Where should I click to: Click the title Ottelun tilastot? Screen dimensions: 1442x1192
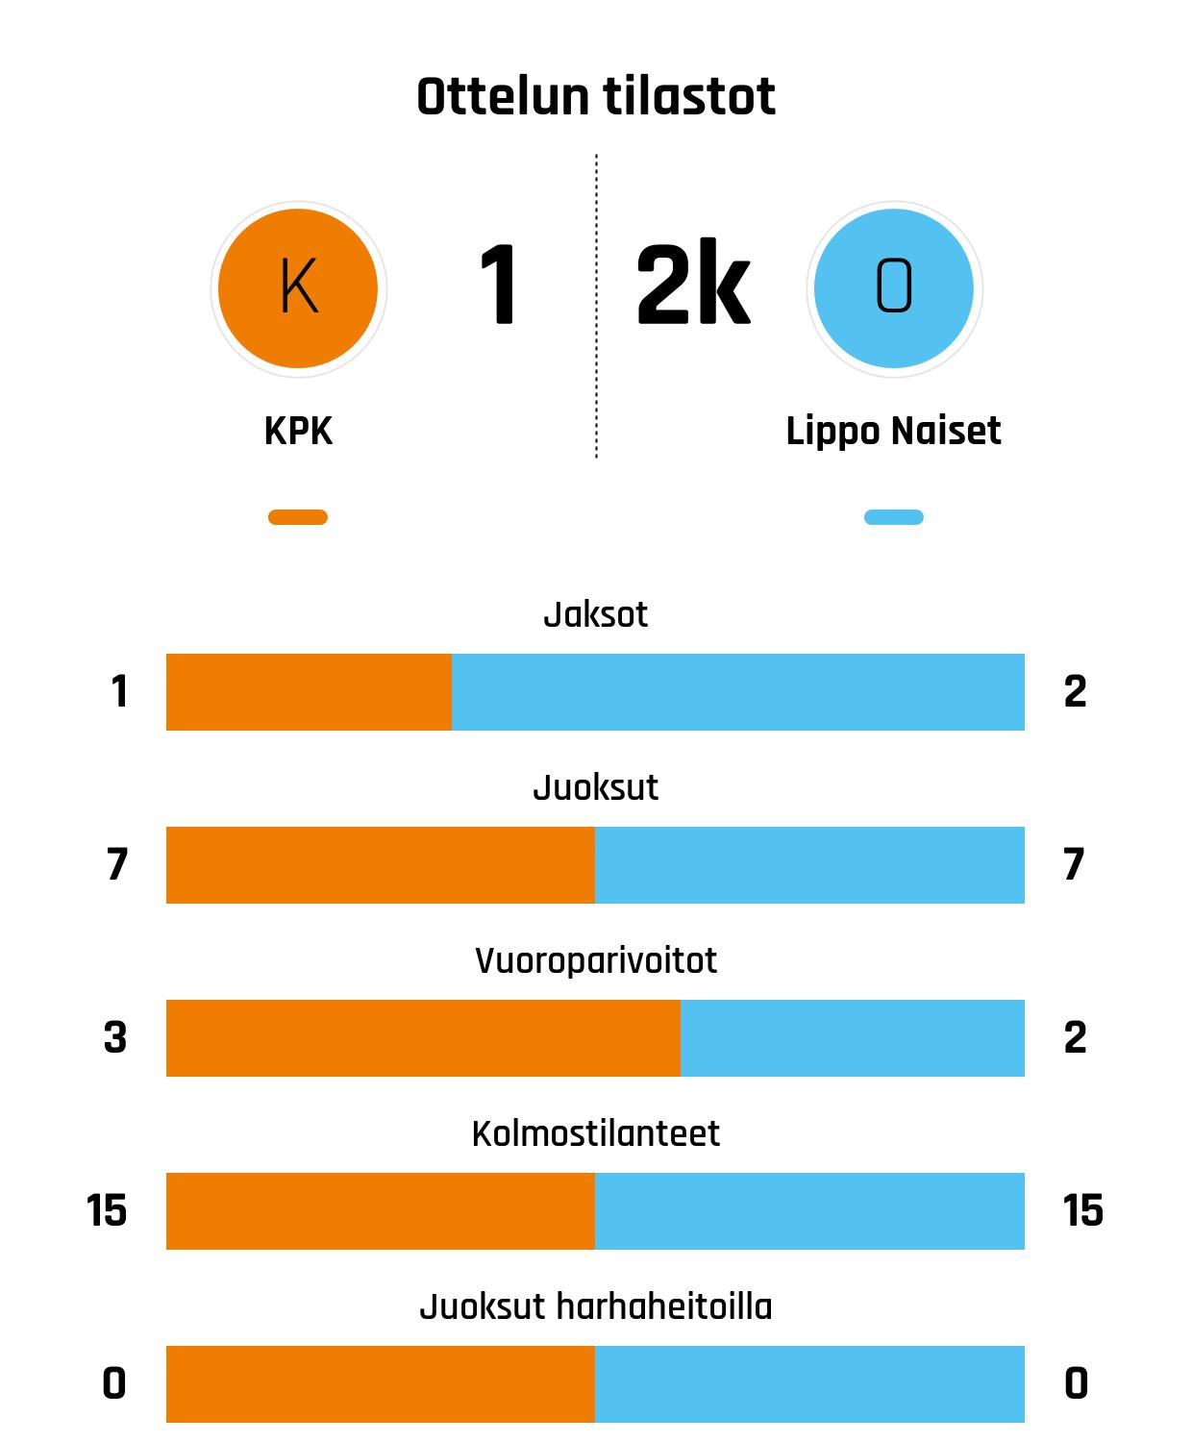click(596, 97)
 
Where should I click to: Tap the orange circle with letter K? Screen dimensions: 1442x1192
click(298, 288)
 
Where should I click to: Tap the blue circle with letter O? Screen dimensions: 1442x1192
click(894, 288)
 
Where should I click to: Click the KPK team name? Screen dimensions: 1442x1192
click(298, 431)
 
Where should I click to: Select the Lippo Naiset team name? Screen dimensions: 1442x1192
click(893, 431)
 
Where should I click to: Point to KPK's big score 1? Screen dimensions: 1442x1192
click(499, 286)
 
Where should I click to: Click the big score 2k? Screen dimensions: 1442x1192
click(692, 286)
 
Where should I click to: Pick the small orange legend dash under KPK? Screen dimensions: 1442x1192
click(298, 517)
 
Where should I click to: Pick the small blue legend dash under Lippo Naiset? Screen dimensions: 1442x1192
click(894, 517)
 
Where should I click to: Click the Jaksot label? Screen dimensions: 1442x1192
click(596, 614)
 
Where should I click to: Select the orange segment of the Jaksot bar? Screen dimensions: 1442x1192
click(309, 692)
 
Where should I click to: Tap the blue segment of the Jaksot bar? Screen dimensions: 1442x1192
click(737, 692)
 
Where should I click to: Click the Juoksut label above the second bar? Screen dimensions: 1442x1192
click(596, 787)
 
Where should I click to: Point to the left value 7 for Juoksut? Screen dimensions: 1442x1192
click(117, 864)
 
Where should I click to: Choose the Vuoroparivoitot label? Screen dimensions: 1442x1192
click(596, 960)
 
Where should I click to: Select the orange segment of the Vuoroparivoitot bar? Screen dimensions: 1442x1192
click(423, 1038)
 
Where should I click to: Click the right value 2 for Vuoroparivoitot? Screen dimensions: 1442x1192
click(1075, 1037)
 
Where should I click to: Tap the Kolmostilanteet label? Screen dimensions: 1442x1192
click(596, 1133)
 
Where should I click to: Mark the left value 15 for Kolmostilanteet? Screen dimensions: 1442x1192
click(107, 1210)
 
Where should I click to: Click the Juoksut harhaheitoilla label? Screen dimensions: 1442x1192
click(596, 1306)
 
